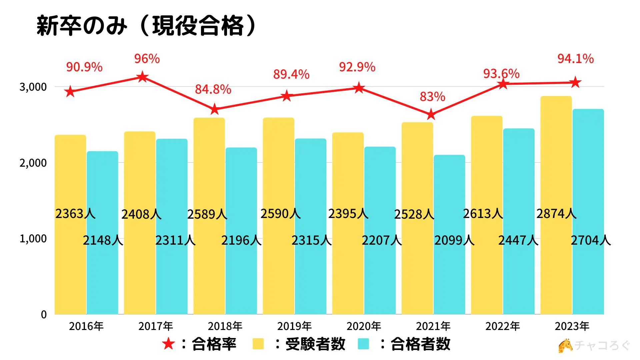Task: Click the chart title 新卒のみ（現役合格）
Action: click(147, 26)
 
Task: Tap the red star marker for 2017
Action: click(143, 77)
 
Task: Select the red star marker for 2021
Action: click(431, 115)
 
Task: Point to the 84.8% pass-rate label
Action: click(213, 89)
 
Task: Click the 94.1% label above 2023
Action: click(575, 59)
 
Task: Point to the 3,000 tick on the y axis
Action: click(33, 87)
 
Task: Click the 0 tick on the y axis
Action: click(44, 314)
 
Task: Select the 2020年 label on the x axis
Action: click(364, 326)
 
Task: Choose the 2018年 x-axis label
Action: click(225, 326)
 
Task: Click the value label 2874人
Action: click(556, 214)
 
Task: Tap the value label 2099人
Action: click(454, 240)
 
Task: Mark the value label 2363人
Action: click(75, 214)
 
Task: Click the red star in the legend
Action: click(168, 344)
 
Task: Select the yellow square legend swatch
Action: click(258, 344)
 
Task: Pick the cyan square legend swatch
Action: click(363, 344)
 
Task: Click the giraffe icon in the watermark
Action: click(565, 346)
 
